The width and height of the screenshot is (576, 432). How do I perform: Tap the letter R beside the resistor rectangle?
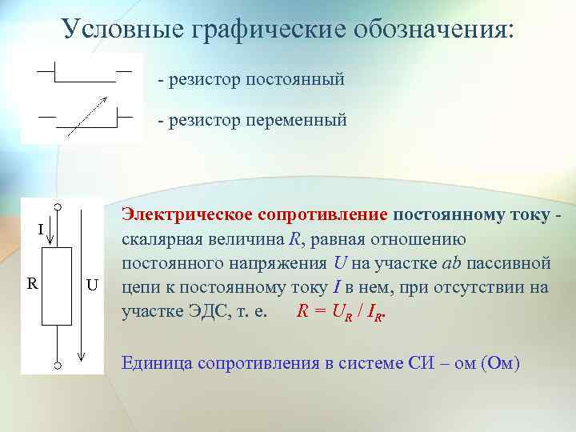(31, 283)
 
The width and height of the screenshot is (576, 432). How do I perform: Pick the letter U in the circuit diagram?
(92, 285)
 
